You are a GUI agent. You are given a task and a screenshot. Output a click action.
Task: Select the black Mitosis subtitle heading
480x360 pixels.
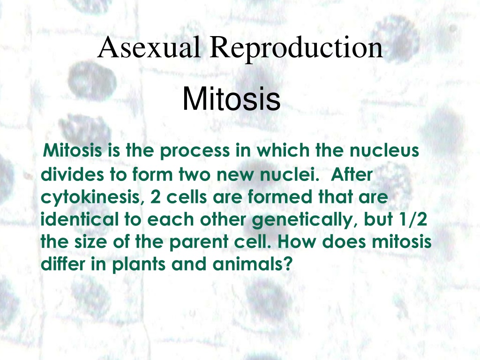coord(232,98)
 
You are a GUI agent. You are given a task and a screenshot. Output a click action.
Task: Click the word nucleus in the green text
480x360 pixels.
coord(384,150)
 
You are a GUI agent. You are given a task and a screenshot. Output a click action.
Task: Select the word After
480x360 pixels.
coord(352,174)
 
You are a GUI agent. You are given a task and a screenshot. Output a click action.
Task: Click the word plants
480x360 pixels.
coord(139,264)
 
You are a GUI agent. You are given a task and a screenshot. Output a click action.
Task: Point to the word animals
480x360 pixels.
coord(247,263)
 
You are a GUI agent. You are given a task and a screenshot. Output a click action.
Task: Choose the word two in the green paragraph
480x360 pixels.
coord(195,174)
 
